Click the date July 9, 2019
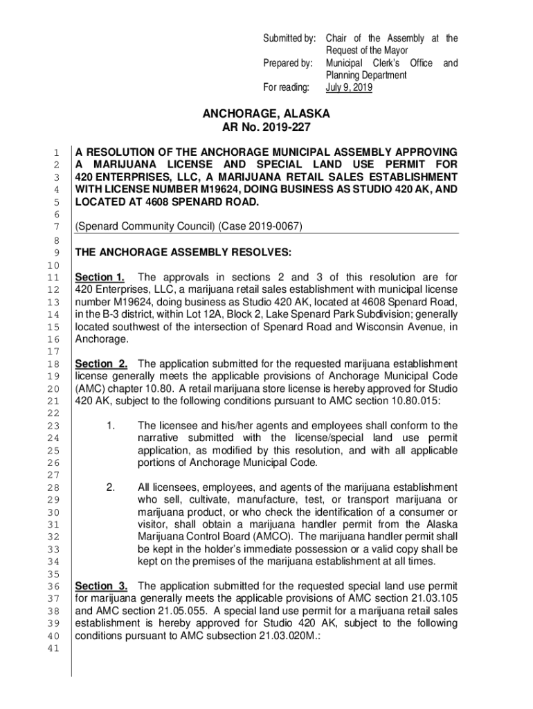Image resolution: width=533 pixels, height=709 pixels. coord(349,89)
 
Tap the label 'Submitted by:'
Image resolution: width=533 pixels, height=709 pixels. coord(290,38)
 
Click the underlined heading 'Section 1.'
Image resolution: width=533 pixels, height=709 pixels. coord(100,278)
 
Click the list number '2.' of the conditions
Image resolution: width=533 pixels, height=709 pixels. coord(111,487)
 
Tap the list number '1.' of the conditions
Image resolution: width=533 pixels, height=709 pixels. coord(111,425)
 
